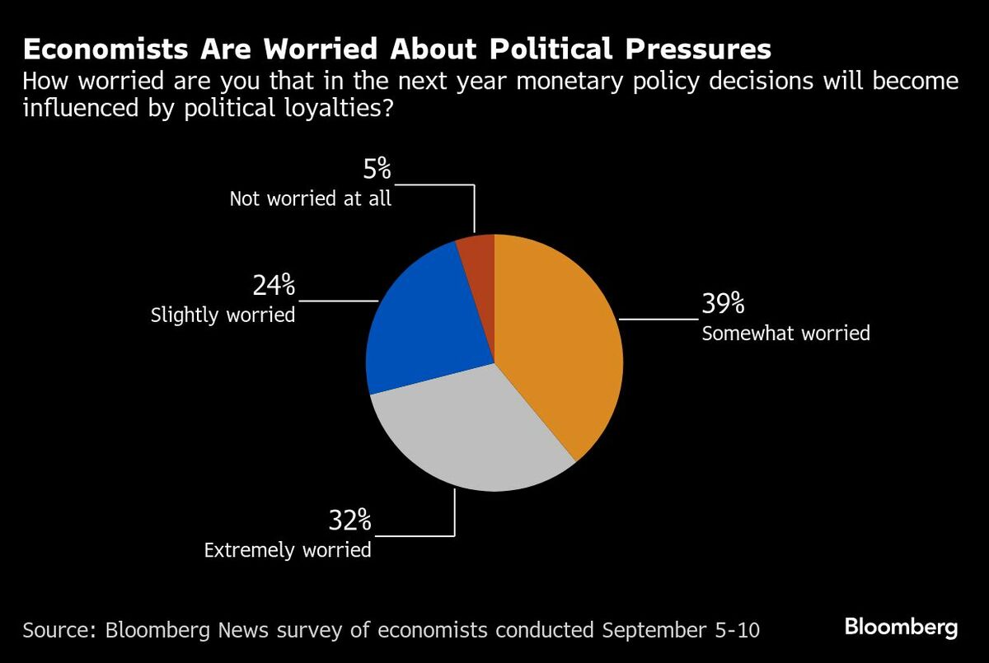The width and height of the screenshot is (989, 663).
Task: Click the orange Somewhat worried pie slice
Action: [560, 346]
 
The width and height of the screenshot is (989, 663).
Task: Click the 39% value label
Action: [723, 304]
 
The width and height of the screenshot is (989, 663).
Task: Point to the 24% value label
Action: [274, 285]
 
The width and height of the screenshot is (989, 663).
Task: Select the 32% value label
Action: [349, 521]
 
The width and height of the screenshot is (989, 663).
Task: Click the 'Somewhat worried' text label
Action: [785, 334]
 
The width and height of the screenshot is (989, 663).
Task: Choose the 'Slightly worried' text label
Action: [223, 315]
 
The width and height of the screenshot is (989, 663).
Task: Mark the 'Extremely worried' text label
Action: [288, 549]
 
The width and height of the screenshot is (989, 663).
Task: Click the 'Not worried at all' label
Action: [310, 199]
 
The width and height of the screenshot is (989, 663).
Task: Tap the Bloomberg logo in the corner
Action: [901, 628]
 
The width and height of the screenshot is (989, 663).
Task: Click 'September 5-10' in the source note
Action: [681, 630]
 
